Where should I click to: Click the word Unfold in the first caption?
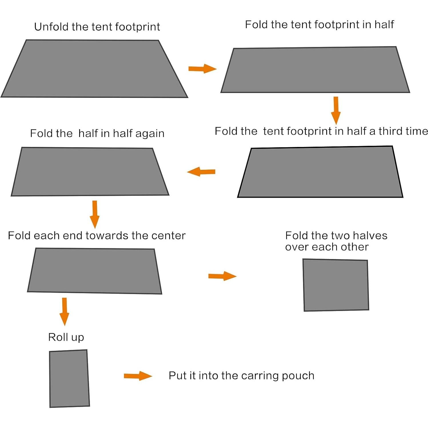(51, 27)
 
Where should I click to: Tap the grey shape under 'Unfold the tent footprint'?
(94, 69)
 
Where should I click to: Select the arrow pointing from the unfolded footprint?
(202, 69)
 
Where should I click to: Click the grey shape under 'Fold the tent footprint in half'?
(315, 70)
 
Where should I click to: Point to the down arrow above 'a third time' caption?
(336, 110)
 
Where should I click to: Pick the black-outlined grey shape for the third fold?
(320, 172)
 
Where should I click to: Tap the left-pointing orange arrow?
(201, 172)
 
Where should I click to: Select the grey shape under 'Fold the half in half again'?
(90, 172)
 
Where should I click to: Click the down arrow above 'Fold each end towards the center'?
(95, 214)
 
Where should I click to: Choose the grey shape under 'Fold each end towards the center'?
(95, 271)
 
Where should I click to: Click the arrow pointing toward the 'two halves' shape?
(222, 276)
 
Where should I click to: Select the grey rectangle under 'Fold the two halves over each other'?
(336, 285)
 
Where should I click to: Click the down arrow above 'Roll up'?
(64, 312)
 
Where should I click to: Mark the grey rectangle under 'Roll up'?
(69, 379)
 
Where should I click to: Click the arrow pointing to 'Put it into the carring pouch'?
(138, 376)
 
